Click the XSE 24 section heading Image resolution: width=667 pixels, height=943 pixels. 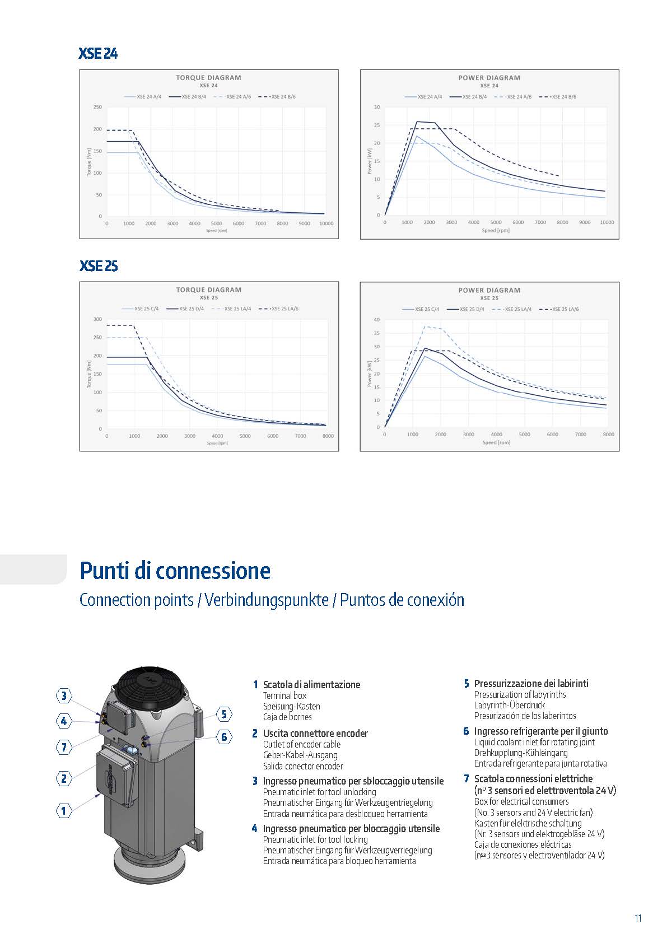98,54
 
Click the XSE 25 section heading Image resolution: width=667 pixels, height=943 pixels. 99,265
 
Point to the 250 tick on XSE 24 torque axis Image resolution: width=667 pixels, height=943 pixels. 97,107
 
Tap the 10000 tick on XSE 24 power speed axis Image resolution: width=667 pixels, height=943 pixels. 607,222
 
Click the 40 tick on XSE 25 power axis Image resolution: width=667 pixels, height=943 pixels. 377,320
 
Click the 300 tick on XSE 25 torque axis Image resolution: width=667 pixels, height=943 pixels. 97,319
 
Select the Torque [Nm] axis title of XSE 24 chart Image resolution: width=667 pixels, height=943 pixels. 89,162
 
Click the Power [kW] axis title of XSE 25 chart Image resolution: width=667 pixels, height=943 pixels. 370,374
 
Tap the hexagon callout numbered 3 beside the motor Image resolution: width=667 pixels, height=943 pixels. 64,696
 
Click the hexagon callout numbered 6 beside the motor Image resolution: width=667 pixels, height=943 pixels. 224,737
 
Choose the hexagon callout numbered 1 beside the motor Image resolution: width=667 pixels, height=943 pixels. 64,810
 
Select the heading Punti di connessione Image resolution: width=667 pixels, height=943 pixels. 175,571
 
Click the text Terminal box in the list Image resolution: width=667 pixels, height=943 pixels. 284,695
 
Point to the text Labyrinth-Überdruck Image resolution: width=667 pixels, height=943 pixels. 509,705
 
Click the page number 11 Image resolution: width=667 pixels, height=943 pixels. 638,918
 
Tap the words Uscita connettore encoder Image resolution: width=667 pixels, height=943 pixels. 315,733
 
